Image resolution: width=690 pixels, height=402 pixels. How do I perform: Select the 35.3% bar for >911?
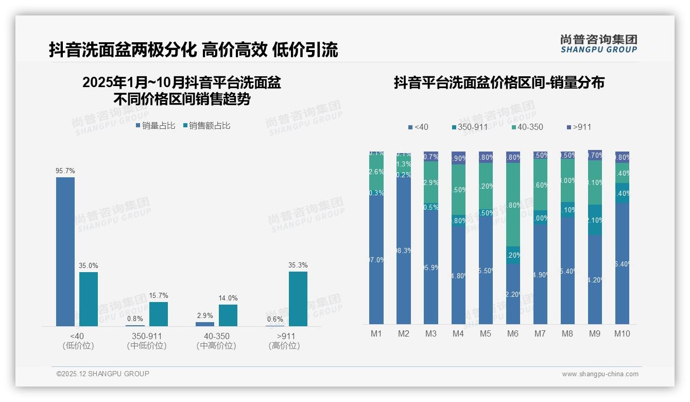(x=298, y=299)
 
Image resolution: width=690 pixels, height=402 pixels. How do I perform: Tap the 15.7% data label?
(x=159, y=296)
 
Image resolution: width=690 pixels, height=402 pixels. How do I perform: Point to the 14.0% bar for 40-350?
(x=228, y=315)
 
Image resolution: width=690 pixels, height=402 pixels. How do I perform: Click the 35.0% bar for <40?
(x=89, y=299)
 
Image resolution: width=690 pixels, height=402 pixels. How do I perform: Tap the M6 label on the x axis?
(x=512, y=333)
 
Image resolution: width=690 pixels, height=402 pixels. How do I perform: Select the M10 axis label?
(x=622, y=333)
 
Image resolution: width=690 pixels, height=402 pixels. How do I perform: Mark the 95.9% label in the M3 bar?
(x=431, y=268)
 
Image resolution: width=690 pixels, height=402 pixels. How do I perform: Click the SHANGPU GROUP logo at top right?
(x=599, y=44)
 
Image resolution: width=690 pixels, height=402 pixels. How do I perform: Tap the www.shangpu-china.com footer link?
(x=600, y=374)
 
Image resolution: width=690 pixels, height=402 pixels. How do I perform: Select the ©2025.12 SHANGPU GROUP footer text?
(x=103, y=374)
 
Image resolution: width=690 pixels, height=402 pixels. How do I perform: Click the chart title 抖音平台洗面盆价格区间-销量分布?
(x=499, y=82)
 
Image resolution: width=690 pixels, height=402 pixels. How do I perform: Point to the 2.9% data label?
(x=205, y=315)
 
